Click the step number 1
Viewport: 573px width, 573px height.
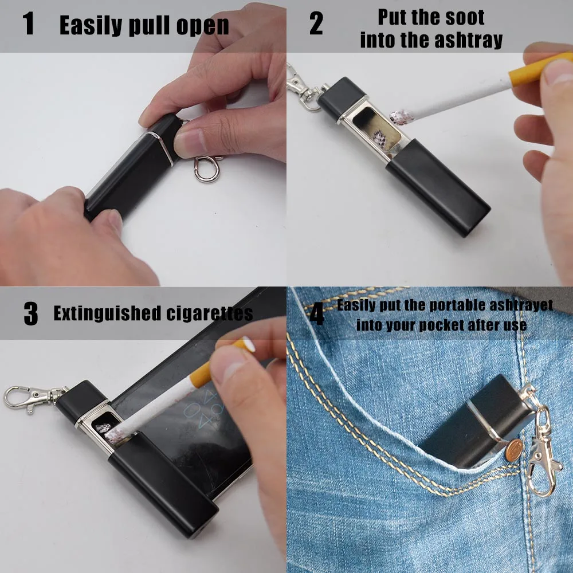click(29, 23)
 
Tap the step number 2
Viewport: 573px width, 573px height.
click(316, 23)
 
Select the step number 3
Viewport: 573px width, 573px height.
click(31, 313)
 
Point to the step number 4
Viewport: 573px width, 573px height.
click(317, 313)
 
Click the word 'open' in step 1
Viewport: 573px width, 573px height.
click(203, 26)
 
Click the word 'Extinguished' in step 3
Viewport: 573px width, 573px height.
click(107, 313)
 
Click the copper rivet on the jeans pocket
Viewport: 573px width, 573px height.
click(514, 450)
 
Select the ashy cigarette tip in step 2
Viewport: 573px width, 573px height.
click(401, 117)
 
